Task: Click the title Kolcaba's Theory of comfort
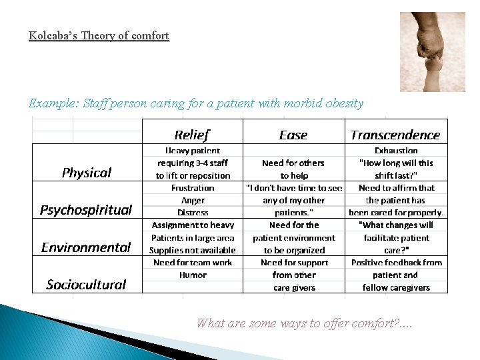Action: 99,35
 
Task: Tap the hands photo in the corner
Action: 432,52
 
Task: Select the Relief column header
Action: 192,135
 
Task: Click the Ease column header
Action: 293,135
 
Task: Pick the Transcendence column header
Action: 395,135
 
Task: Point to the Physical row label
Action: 87,173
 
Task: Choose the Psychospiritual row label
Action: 86,210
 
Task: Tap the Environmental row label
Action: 86,247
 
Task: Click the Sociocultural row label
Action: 86,285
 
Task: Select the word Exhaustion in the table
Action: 396,151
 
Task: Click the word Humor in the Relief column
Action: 193,275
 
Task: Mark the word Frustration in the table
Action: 193,188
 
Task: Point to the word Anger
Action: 193,200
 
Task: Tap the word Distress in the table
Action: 193,213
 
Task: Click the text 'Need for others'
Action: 293,163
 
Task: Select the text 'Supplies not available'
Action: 193,250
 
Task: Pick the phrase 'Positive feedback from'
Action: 397,263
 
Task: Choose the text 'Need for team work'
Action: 193,263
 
